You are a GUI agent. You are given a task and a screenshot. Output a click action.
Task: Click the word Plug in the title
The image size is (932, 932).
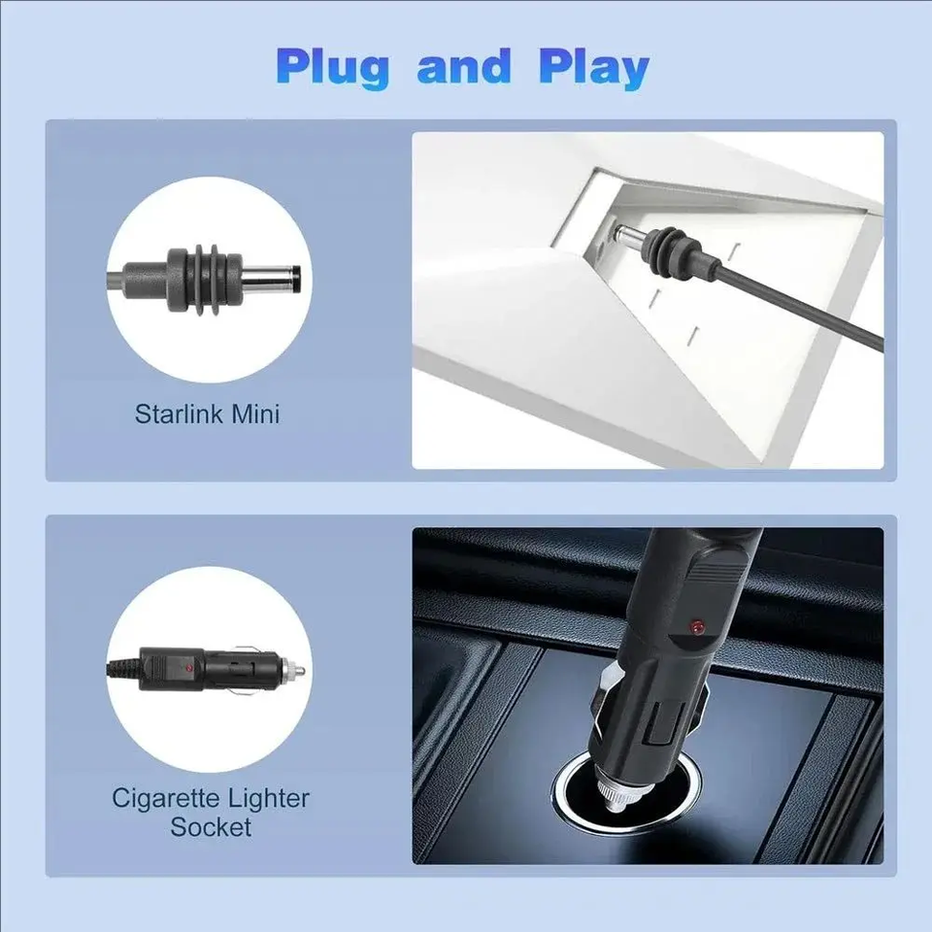pyautogui.click(x=333, y=68)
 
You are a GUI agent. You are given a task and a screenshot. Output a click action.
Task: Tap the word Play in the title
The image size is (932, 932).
pyautogui.click(x=594, y=68)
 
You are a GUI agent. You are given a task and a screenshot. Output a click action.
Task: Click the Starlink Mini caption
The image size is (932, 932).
pyautogui.click(x=207, y=414)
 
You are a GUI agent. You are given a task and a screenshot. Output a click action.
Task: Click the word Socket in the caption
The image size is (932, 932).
pyautogui.click(x=211, y=827)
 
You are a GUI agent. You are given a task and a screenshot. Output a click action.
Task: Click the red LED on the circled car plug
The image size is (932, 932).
pyautogui.click(x=189, y=669)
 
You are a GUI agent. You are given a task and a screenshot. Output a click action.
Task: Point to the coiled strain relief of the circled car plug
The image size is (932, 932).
pyautogui.click(x=123, y=668)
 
